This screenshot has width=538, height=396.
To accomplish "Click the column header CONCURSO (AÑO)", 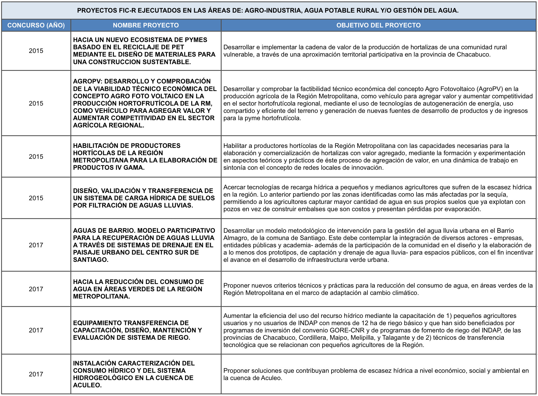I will pyautogui.click(x=36, y=25).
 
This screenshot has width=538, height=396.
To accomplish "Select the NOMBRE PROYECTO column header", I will pyautogui.click(x=146, y=25).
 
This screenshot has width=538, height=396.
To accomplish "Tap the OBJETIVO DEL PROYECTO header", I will pyautogui.click(x=378, y=25).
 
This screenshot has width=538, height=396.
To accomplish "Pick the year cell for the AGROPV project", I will pyautogui.click(x=36, y=103).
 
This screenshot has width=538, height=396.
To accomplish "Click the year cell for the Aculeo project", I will pyautogui.click(x=36, y=374).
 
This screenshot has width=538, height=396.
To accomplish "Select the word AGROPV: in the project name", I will pyautogui.click(x=88, y=81).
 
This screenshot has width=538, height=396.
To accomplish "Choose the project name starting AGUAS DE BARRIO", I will pyautogui.click(x=144, y=245).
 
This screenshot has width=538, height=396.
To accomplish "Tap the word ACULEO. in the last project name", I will pyautogui.click(x=88, y=385).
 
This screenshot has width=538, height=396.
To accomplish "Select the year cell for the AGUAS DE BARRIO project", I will pyautogui.click(x=36, y=245).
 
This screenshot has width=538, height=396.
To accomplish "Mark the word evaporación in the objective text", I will pyautogui.click(x=464, y=209).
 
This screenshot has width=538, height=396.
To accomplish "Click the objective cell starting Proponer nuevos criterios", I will pyautogui.click(x=378, y=289).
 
